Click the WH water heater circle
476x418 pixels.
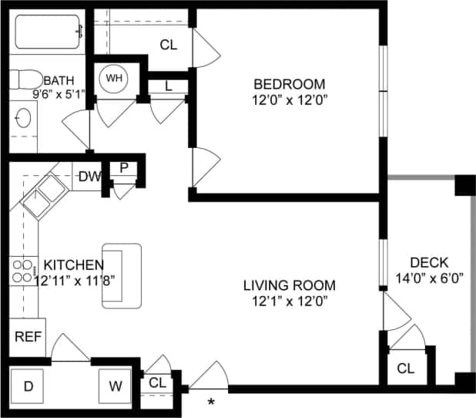point(114,78)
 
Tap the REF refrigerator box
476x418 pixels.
point(27,336)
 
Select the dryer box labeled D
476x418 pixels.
point(28,386)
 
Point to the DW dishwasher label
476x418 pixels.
point(89,177)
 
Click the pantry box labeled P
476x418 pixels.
point(122,169)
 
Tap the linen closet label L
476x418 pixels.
point(169,86)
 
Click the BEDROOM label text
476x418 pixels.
point(290,84)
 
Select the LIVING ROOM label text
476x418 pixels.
point(289,285)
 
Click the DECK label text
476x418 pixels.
point(429,262)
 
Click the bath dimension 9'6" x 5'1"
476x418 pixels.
point(59,94)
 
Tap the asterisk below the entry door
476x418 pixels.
point(211,402)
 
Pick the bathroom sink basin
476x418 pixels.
point(24,118)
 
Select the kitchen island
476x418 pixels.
point(122,276)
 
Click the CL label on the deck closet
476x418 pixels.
point(406,369)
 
